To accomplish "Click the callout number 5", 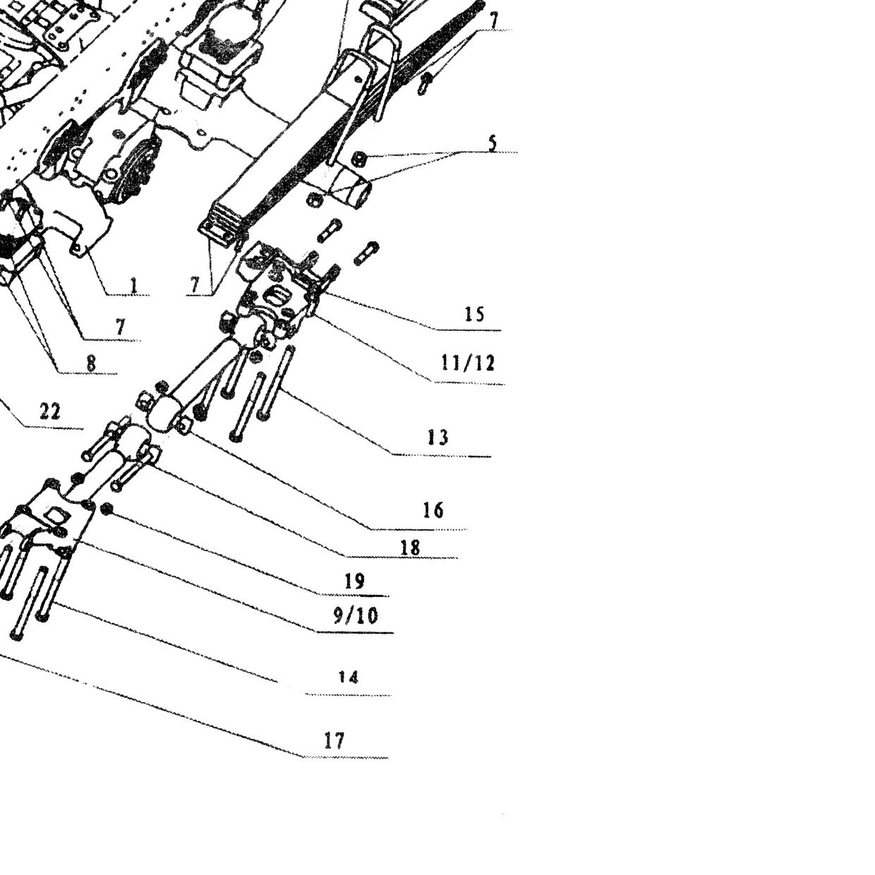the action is click(x=493, y=143).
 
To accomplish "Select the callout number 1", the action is click(x=133, y=286).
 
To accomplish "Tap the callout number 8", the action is click(x=91, y=363).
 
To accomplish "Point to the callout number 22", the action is click(x=50, y=412).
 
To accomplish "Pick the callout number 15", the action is click(x=474, y=314).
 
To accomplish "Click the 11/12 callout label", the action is click(x=467, y=363).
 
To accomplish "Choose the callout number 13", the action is click(x=437, y=437).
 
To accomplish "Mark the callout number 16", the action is click(x=433, y=510).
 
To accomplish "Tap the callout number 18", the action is click(x=410, y=548).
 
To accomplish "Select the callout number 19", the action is click(x=355, y=581).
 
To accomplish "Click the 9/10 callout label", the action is click(x=356, y=616).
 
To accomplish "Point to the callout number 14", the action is click(x=349, y=677).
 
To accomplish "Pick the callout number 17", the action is click(x=334, y=741).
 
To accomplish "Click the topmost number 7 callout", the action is click(x=493, y=20).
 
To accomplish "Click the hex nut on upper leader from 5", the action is click(x=360, y=159).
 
